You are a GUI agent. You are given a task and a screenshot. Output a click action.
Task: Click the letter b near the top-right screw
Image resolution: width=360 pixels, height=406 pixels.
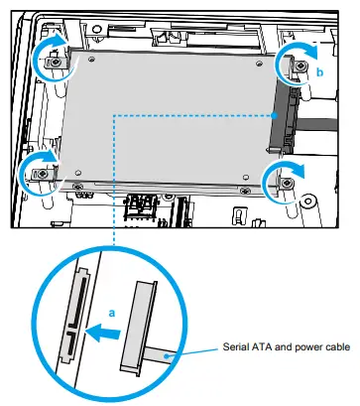click(319, 71)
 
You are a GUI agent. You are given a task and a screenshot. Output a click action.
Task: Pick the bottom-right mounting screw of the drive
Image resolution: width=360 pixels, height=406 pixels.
click(287, 185)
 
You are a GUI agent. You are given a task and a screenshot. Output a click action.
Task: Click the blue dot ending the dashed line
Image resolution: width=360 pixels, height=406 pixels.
click(272, 115)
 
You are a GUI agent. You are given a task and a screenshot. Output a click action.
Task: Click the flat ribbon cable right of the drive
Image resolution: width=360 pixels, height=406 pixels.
click(327, 128)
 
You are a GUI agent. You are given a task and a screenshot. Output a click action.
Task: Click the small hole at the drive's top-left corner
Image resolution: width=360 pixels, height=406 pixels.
click(91, 59)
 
